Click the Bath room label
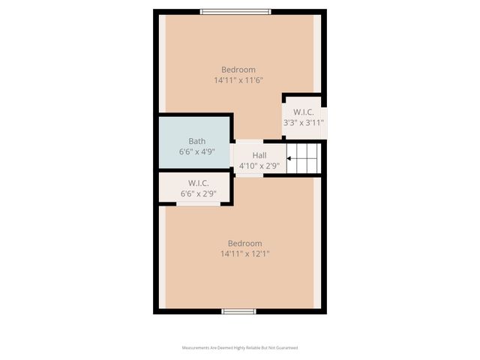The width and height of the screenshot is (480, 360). coord(196,141)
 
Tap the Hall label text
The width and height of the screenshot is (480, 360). coord(248,155)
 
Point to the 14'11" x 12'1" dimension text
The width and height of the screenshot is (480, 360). coord(244,253)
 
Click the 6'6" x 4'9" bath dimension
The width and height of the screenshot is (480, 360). coord(196,151)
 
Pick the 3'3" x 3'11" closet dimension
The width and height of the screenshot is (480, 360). coord(302,123)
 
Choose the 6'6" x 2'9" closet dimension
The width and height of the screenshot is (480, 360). coord(198,193)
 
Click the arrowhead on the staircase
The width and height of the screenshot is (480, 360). coord(289,158)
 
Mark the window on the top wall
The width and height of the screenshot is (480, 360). coord(235,11)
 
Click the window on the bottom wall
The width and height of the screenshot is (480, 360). coord(238,310)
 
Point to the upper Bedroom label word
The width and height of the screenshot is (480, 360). coord(238,69)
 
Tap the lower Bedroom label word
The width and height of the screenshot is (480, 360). coord(244,243)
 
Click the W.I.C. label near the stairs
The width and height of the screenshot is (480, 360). coord(302,112)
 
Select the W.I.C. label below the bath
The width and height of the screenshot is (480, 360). coord(198,183)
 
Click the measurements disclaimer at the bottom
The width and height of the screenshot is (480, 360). coord(240,348)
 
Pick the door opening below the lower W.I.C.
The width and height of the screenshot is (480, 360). coord(198,203)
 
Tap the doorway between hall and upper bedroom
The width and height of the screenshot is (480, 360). coord(249,141)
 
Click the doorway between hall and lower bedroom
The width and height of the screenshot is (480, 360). coord(249,175)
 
